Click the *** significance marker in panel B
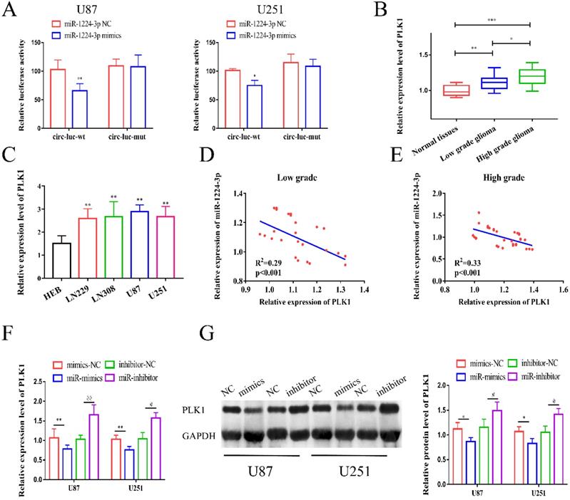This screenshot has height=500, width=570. coord(492,21)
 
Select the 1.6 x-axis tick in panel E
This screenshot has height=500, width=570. coord(562,291)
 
